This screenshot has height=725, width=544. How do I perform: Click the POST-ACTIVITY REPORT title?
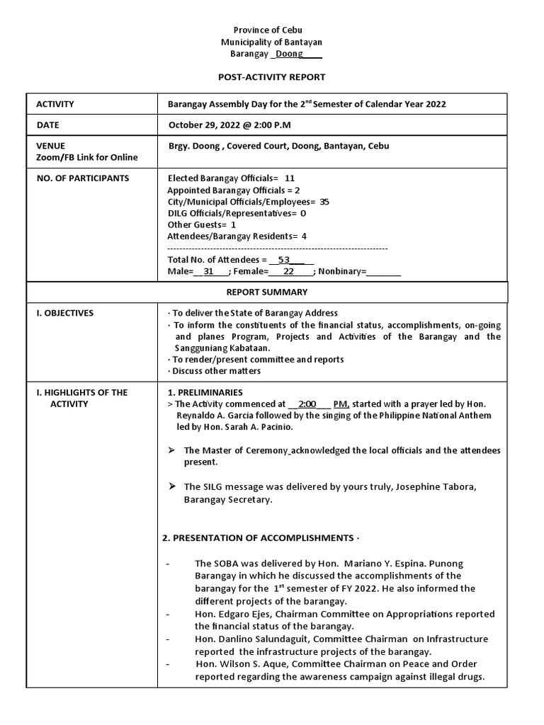(x=271, y=76)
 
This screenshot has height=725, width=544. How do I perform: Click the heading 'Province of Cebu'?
(x=271, y=31)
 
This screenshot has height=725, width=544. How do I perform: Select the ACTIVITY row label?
(x=55, y=104)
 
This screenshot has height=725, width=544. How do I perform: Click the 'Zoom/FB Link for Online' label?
(x=87, y=157)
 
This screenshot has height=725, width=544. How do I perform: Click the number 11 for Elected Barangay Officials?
(x=289, y=178)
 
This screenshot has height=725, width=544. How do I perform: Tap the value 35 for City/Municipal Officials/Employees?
(x=324, y=202)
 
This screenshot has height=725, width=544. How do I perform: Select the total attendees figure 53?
(x=284, y=260)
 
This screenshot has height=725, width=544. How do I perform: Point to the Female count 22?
(x=288, y=271)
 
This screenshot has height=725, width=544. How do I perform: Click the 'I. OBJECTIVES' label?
(x=64, y=313)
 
